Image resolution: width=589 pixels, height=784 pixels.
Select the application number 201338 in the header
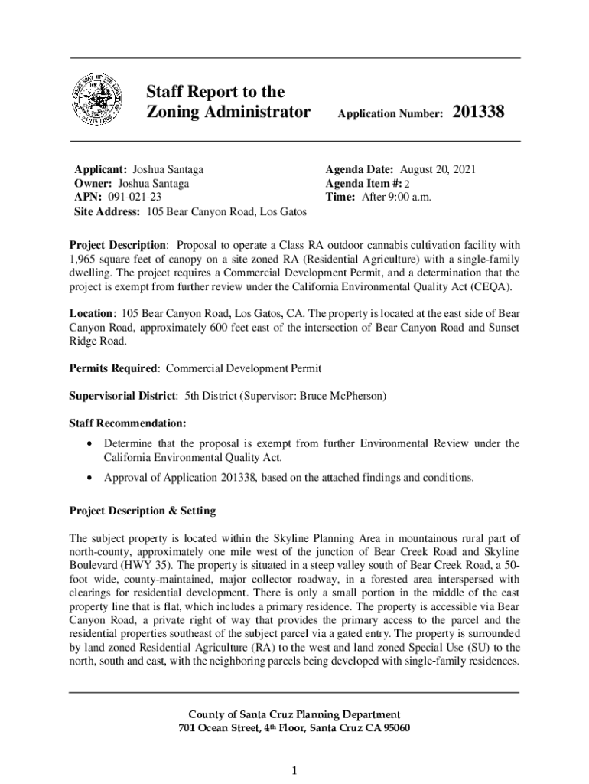[x=479, y=113]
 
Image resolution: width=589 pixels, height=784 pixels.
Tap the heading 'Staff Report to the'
[x=215, y=93]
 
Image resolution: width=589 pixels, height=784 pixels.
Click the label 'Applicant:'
[x=100, y=169]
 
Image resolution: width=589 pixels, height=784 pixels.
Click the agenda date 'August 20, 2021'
[x=438, y=169]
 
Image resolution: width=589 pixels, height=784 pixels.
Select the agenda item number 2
[x=407, y=184]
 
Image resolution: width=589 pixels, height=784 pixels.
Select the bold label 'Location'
[x=92, y=314]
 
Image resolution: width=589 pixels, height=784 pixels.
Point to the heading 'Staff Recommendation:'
[x=128, y=423]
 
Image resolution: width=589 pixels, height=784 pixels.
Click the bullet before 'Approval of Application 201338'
[x=92, y=478]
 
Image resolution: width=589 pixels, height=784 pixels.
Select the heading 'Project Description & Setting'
[x=142, y=511]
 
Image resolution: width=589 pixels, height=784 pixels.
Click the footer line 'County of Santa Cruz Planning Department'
[x=294, y=714]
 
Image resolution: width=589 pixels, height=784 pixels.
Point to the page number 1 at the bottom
[x=294, y=769]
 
